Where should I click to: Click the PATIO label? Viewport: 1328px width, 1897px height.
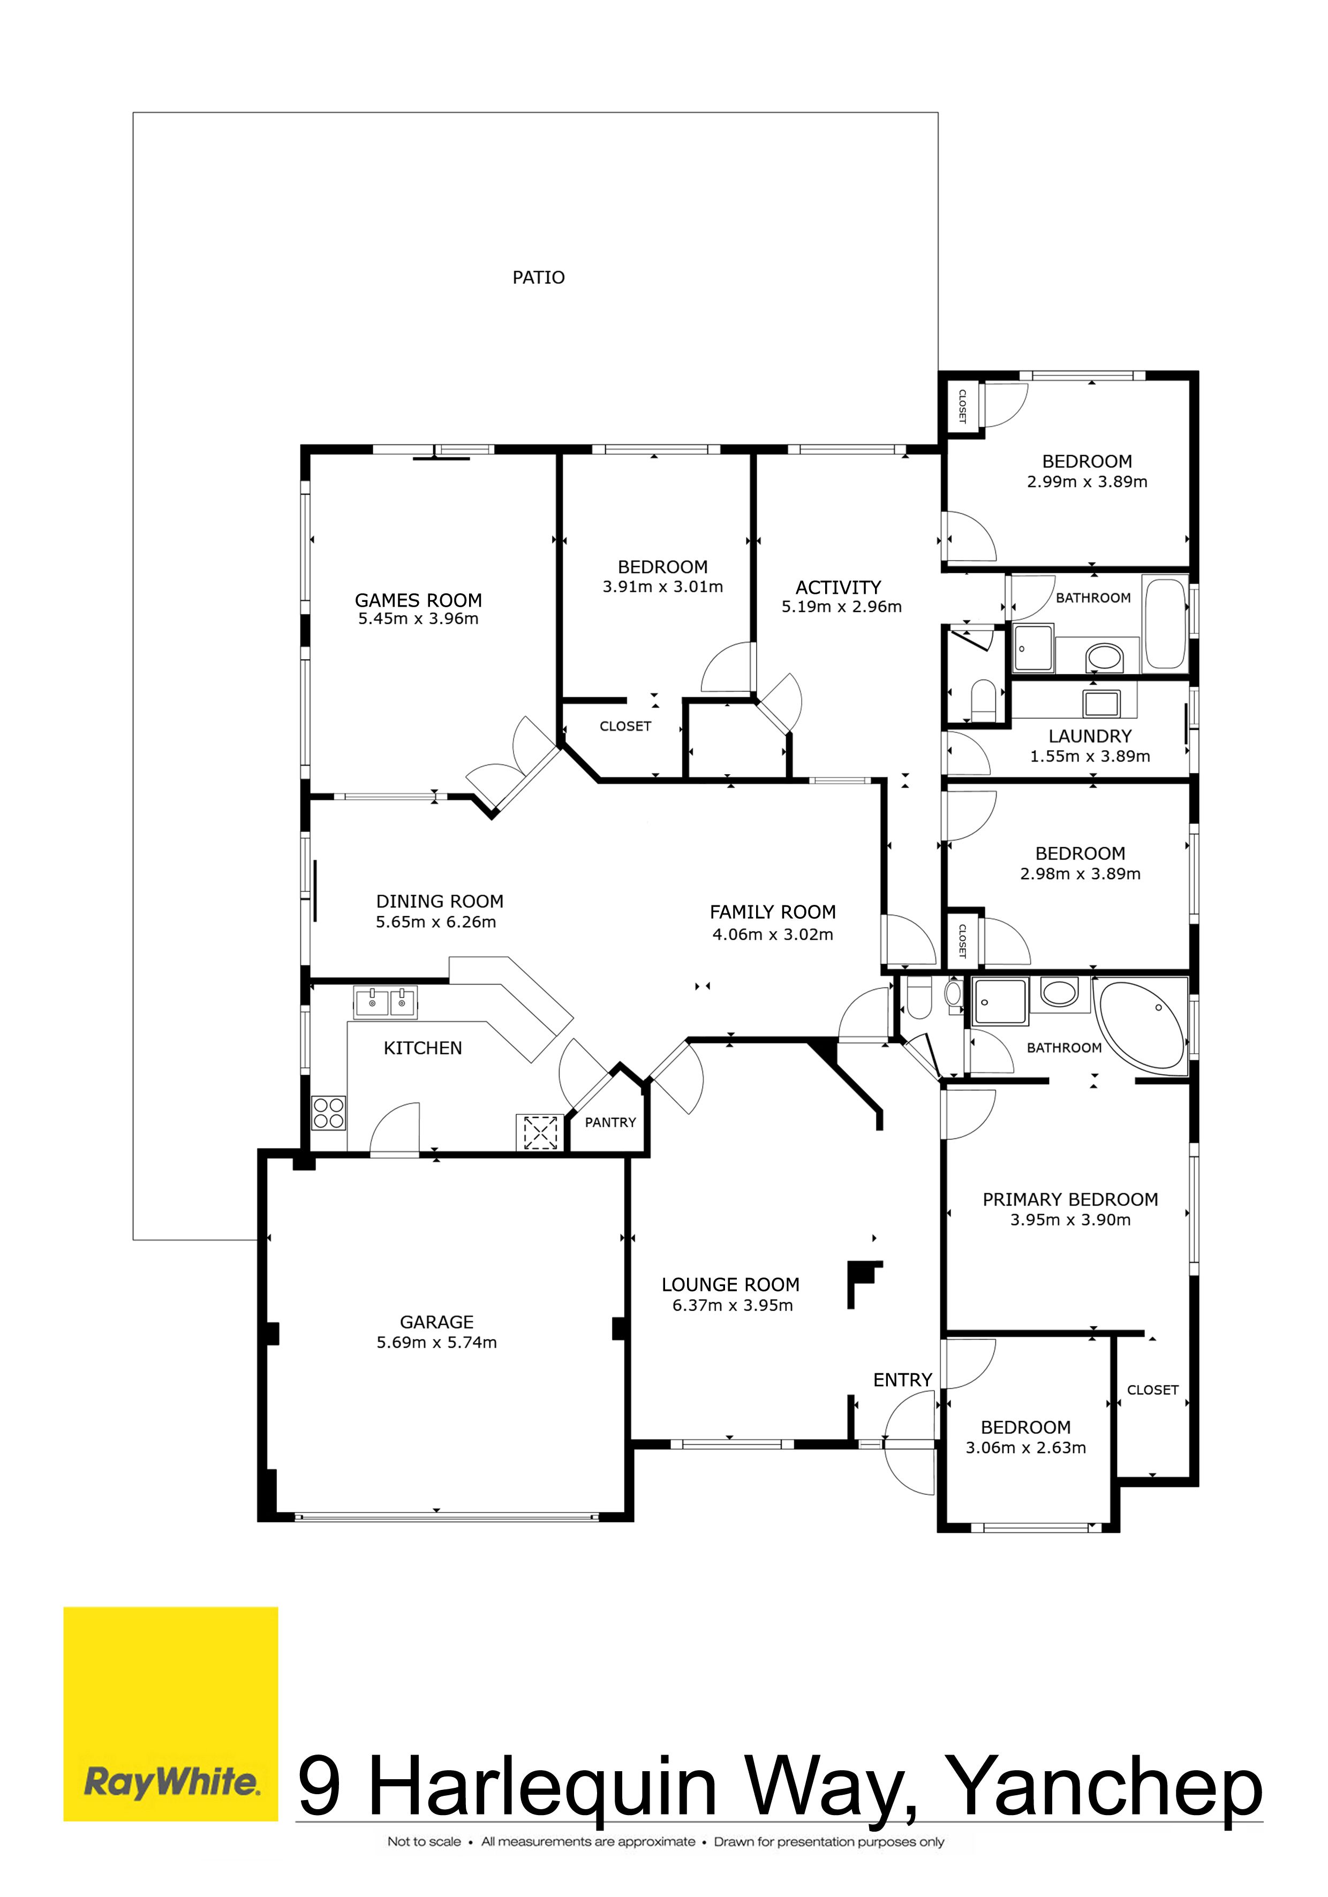[x=538, y=277]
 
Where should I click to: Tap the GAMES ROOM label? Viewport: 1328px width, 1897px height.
[x=418, y=601]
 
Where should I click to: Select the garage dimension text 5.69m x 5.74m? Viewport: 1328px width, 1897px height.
[x=436, y=1343]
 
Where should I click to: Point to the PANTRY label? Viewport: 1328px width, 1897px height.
[x=610, y=1122]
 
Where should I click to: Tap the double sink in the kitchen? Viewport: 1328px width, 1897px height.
[x=385, y=1002]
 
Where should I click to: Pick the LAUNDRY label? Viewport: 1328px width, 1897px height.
[x=1090, y=736]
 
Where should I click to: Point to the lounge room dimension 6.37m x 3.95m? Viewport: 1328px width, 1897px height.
[x=732, y=1305]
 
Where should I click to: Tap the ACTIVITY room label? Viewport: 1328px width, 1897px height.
[x=838, y=587]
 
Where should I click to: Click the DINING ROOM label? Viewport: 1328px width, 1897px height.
[x=440, y=902]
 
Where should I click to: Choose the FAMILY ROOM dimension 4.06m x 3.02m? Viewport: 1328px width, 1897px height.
[x=773, y=934]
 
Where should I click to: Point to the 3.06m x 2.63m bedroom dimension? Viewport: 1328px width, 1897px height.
[x=1025, y=1448]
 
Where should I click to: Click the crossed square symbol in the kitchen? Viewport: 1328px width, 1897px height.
[x=540, y=1132]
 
